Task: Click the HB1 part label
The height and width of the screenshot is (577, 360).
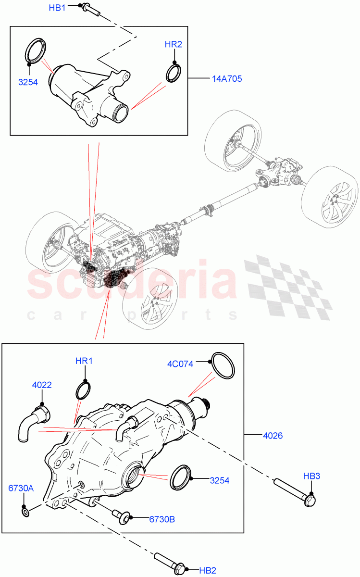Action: (x=57, y=8)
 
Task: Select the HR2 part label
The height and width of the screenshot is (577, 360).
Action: (x=173, y=45)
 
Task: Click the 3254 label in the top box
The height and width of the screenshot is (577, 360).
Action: (x=28, y=82)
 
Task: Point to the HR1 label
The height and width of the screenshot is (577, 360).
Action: (x=84, y=361)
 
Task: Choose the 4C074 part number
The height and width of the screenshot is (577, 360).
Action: (x=181, y=364)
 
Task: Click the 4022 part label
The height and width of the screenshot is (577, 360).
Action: (x=42, y=385)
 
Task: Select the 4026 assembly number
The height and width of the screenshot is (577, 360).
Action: (x=273, y=436)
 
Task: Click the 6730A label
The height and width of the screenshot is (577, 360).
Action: (x=21, y=488)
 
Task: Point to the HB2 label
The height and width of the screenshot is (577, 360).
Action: (x=208, y=570)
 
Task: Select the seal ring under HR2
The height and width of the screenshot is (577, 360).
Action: (x=174, y=73)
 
